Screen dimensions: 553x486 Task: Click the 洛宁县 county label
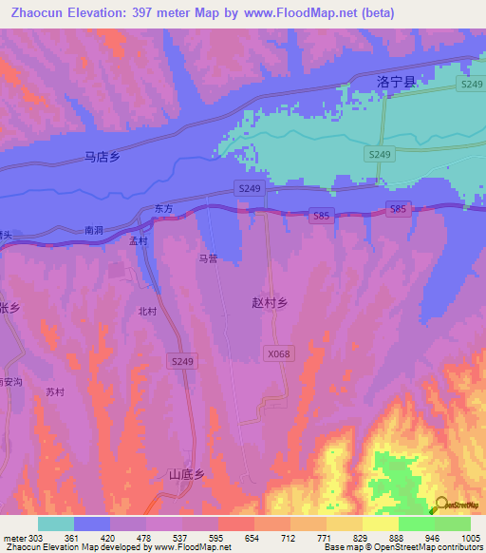(396, 83)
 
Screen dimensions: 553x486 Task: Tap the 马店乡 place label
(102, 158)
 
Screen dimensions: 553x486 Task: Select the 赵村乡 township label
(269, 301)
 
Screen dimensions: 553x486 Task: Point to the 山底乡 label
(187, 473)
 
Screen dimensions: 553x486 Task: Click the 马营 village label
(208, 257)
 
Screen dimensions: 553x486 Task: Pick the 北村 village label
(147, 311)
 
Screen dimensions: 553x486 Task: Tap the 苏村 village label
(55, 391)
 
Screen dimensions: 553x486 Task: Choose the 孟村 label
(140, 241)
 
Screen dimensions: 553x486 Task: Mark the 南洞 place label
(93, 230)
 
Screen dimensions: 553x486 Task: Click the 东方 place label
(164, 208)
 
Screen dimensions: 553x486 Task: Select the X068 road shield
(278, 353)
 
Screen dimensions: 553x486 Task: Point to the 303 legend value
(35, 537)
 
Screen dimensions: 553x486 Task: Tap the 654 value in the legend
(252, 537)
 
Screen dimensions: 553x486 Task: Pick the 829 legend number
(362, 537)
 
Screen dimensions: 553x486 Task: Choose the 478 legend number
(143, 537)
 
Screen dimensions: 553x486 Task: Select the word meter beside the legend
(13, 537)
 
